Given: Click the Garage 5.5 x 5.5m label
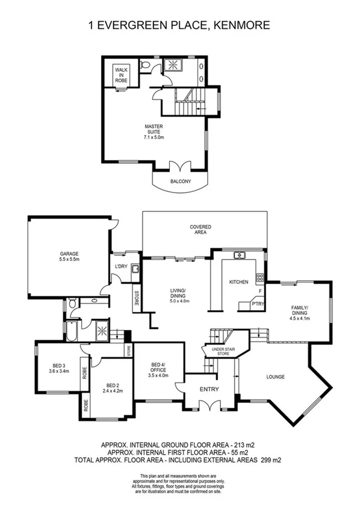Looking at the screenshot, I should coord(69,257).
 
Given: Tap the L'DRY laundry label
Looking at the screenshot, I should coord(120,266).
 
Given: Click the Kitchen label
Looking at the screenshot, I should coord(238,282).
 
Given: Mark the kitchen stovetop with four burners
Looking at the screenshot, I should coord(260,278).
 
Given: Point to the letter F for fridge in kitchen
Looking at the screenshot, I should coord(259,291).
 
